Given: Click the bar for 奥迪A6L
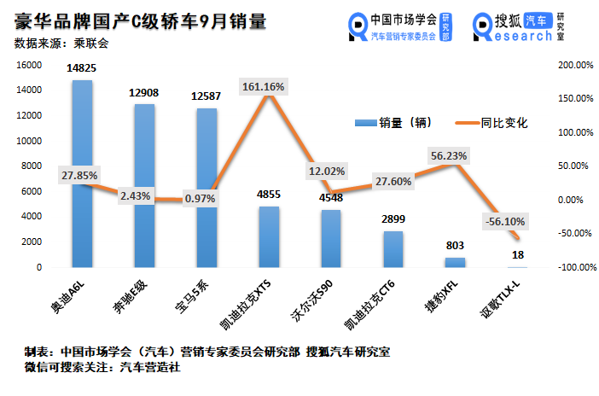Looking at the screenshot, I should pos(83,222).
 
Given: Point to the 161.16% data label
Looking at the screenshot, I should pos(269,86).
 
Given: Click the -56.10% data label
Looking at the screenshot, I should pos(505,221).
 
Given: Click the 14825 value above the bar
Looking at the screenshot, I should pos(83,67).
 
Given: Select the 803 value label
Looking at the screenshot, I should pos(456,245).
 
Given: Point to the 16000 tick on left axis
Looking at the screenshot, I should pos(30,65).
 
